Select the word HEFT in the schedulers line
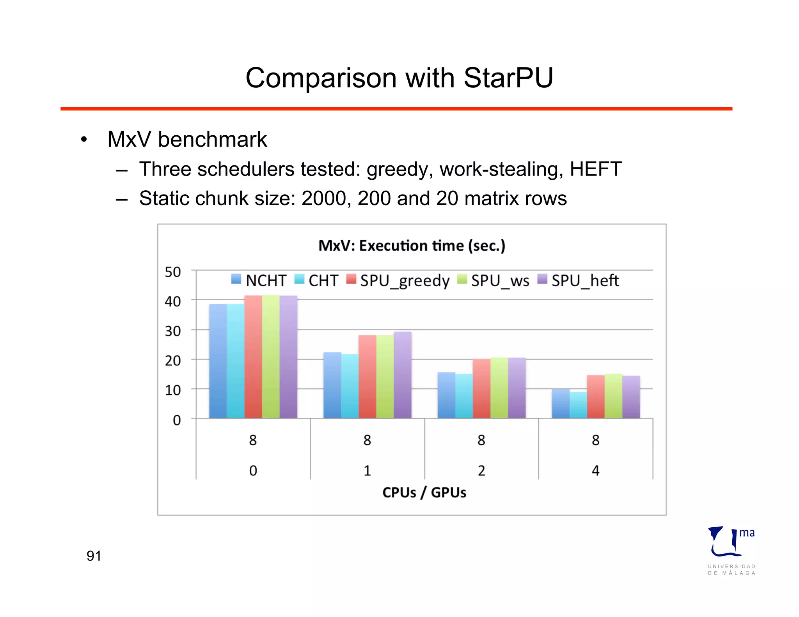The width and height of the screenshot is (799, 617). coord(595,169)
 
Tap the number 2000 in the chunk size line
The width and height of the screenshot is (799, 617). coord(324,199)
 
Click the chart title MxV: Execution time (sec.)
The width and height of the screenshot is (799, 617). coord(412,246)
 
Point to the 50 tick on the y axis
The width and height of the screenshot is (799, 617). coord(173,272)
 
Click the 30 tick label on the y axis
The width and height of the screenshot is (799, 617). coord(173,331)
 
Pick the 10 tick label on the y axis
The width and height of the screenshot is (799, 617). coord(173,390)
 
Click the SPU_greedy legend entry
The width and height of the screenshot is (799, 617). coord(398,280)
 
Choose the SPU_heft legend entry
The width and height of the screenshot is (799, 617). coord(579,280)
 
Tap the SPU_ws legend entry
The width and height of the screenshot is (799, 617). coord(494,280)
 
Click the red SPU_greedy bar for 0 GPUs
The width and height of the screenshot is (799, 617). coord(253,357)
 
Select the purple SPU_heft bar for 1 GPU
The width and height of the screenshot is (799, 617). coord(403,375)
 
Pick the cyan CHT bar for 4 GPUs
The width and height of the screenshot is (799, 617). coord(578,405)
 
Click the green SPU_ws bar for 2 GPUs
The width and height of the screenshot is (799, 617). coord(499,388)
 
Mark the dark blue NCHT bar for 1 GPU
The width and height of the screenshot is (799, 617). coord(332,385)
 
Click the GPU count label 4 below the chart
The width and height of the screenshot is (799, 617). coord(595,471)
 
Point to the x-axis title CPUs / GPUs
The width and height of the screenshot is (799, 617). coord(424,493)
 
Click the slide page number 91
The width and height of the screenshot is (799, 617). coord(94,556)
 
